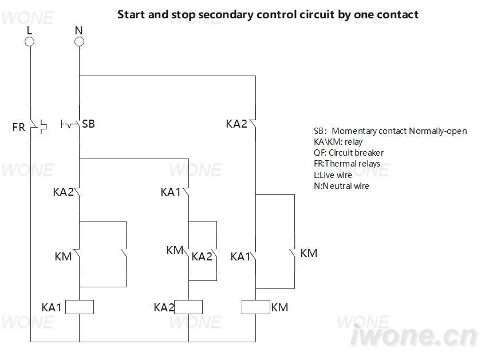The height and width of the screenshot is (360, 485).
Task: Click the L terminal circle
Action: [29, 41]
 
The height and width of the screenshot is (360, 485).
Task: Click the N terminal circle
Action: [79, 41]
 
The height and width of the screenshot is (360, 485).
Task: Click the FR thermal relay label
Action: [18, 127]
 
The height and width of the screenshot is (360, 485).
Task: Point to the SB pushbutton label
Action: [88, 124]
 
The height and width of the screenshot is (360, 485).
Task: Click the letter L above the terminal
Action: [29, 30]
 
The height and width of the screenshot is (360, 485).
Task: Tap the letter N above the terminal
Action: [79, 30]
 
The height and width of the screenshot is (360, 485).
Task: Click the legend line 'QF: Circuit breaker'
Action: [349, 153]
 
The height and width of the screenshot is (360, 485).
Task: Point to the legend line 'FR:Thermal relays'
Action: [347, 164]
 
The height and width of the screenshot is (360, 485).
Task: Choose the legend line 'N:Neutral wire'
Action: [341, 186]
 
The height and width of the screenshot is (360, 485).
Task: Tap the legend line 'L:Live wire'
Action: [333, 175]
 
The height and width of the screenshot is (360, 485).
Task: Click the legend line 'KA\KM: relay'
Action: [338, 142]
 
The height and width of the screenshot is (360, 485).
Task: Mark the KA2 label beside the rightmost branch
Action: [236, 124]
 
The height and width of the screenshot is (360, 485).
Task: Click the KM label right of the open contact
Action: [309, 253]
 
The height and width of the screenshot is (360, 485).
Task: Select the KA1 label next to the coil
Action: [52, 307]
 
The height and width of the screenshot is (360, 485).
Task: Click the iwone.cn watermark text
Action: [414, 335]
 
